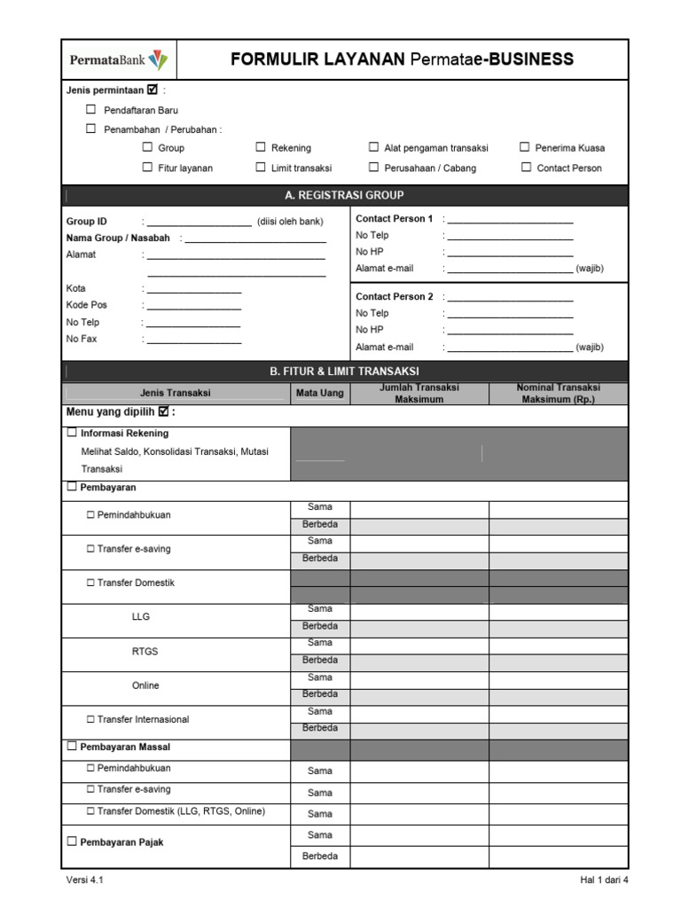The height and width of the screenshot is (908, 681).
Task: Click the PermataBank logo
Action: point(118,60)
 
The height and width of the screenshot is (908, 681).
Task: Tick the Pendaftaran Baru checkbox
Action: point(90,110)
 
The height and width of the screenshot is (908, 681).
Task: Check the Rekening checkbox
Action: point(261,147)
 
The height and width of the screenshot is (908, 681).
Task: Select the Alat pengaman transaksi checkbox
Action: point(374,147)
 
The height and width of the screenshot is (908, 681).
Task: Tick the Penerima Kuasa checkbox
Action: point(525,147)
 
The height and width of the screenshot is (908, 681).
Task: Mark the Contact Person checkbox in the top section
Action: point(527,167)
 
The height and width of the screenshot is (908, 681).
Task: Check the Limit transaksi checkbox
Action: point(261,167)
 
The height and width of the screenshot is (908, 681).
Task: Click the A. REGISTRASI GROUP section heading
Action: point(345,195)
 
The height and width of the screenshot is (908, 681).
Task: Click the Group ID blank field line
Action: point(200,223)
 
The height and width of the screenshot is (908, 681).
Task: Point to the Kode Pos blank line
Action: point(194,306)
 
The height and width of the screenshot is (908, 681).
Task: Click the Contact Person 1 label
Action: point(394,219)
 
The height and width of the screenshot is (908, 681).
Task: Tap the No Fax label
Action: point(82,339)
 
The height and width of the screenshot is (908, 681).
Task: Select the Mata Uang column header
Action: point(320,393)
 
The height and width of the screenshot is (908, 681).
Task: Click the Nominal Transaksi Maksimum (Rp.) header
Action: point(558,393)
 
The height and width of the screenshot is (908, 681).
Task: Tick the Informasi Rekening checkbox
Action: point(72,434)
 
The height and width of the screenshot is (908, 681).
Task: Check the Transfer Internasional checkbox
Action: point(90,719)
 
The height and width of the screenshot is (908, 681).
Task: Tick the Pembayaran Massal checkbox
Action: point(72,747)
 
